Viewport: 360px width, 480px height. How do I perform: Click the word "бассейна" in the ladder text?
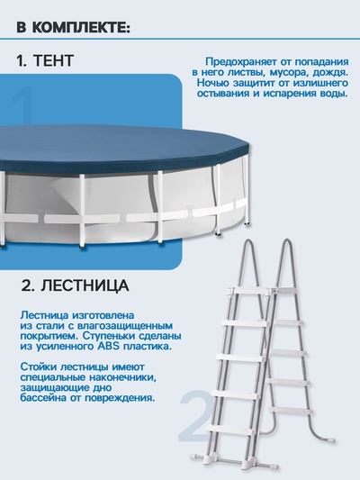[43, 396]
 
